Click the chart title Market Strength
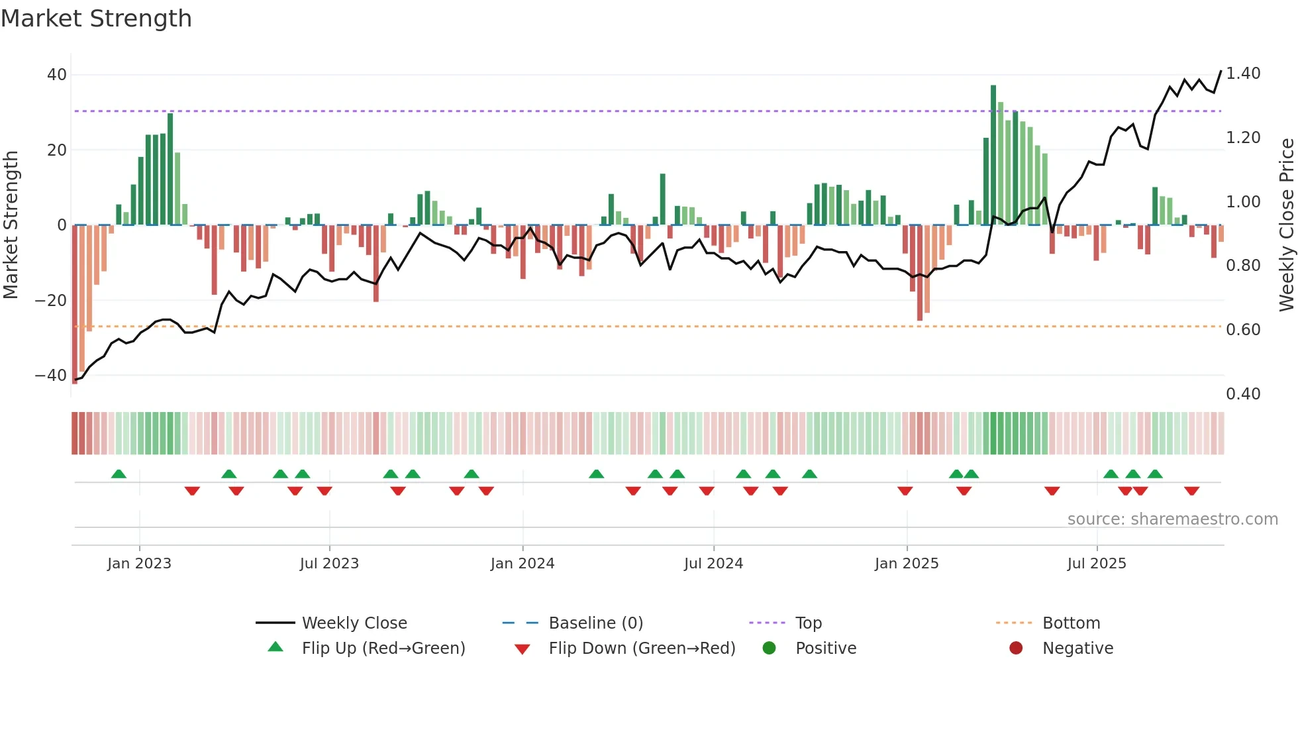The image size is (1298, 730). click(x=96, y=19)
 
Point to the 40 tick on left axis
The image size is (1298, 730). click(x=57, y=75)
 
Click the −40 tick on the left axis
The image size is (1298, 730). click(x=51, y=376)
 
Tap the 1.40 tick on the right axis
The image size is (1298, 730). click(x=1243, y=74)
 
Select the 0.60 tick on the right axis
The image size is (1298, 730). click(x=1243, y=330)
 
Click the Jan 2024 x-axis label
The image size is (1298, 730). click(x=523, y=564)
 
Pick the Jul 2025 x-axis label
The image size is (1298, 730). click(x=1097, y=564)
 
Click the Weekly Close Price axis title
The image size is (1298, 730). click(x=1286, y=225)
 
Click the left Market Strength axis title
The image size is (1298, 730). click(x=11, y=225)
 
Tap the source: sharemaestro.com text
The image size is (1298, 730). click(x=1172, y=519)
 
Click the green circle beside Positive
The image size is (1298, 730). click(x=769, y=648)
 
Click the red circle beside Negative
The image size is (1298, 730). click(x=1016, y=648)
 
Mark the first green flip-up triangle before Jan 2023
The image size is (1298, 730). click(x=119, y=474)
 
